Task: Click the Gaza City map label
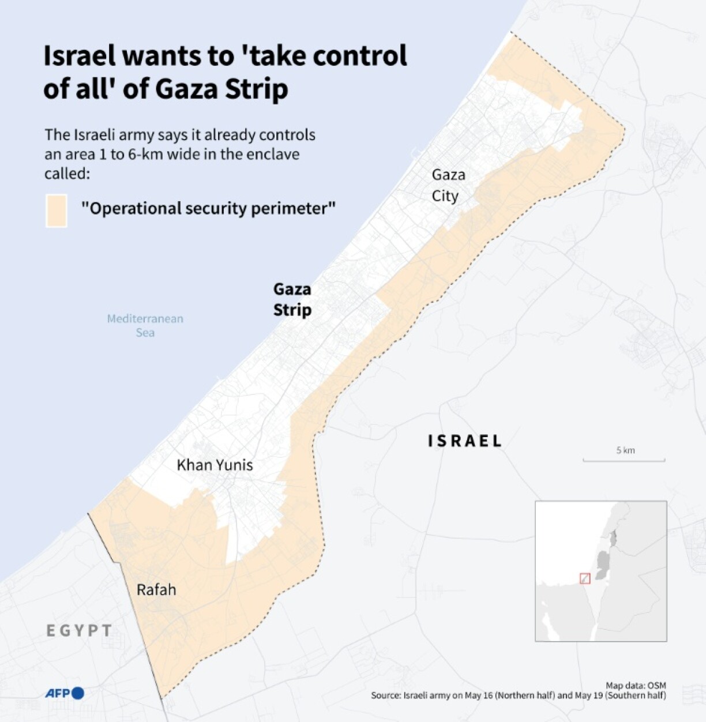(448, 185)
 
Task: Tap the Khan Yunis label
(215, 465)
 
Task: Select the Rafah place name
(156, 590)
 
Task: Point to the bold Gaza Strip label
(292, 299)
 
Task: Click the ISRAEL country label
(465, 441)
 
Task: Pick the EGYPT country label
(80, 630)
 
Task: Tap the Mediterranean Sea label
(145, 325)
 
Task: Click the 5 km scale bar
(624, 459)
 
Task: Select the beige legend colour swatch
(57, 210)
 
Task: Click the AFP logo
(65, 693)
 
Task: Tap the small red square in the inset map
(585, 578)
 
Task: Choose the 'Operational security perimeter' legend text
(208, 208)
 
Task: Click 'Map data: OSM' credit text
(636, 686)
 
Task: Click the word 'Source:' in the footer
(386, 695)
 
